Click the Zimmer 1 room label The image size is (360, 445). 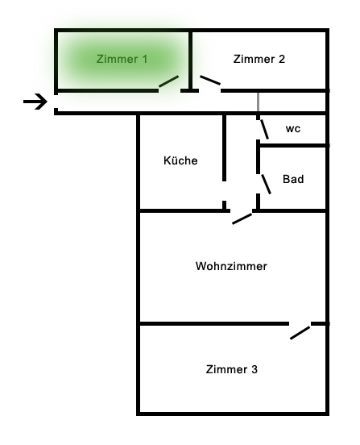pyautogui.click(x=122, y=59)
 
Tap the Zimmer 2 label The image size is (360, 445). pyautogui.click(x=259, y=59)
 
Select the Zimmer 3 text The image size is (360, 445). pyautogui.click(x=232, y=369)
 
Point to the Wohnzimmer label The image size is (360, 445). pyautogui.click(x=231, y=266)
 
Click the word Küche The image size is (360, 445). pyautogui.click(x=180, y=160)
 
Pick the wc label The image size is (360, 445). pyautogui.click(x=293, y=128)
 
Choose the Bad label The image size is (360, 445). pyautogui.click(x=293, y=179)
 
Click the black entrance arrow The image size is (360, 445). pyautogui.click(x=35, y=102)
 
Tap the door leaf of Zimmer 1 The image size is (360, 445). pyautogui.click(x=168, y=81)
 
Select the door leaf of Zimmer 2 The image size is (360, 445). pyautogui.click(x=210, y=80)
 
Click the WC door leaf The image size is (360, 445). pyautogui.click(x=264, y=129)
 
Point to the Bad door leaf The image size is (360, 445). pyautogui.click(x=266, y=184)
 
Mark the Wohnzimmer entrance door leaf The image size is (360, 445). pyautogui.click(x=242, y=218)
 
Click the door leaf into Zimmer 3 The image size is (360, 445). pyautogui.click(x=300, y=333)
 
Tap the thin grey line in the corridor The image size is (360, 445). pyautogui.click(x=258, y=102)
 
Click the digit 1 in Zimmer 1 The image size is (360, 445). pyautogui.click(x=145, y=59)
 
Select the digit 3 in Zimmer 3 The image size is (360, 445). pyautogui.click(x=254, y=369)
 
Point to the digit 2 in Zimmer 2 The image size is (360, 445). pyautogui.click(x=282, y=59)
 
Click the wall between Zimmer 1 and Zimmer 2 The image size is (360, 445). pyautogui.click(x=190, y=60)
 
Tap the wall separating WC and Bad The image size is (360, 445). pyautogui.click(x=293, y=145)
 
